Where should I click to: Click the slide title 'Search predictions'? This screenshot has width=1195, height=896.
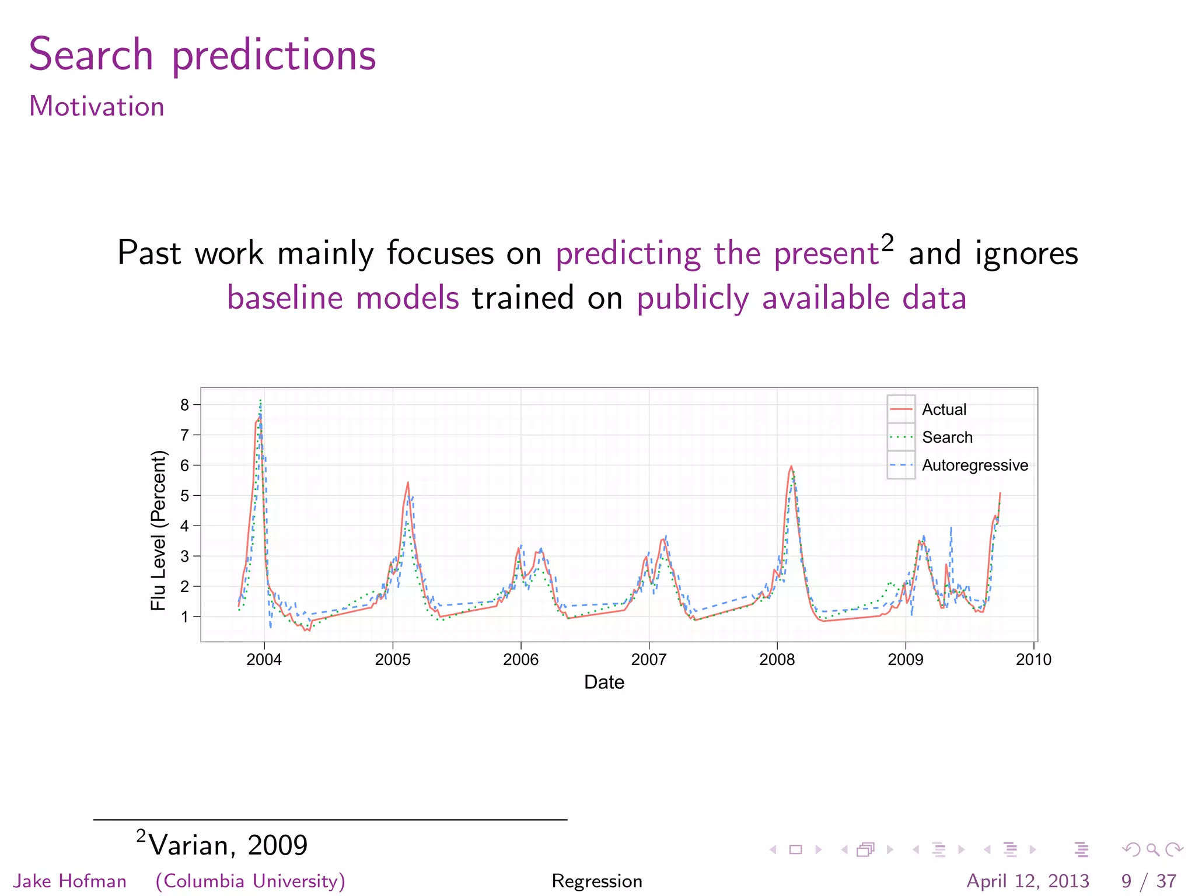point(202,55)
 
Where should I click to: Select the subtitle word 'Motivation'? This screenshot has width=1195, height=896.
point(97,107)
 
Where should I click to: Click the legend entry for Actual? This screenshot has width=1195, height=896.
point(944,409)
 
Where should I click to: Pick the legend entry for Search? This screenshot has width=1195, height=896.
point(947,437)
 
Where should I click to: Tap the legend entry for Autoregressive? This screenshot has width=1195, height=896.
point(974,466)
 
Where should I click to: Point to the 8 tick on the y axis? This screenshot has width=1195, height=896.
point(185,405)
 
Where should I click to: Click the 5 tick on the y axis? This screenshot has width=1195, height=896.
point(185,496)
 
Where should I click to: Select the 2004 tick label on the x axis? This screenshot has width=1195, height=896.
point(264,660)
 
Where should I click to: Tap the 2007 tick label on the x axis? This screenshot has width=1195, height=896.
point(648,660)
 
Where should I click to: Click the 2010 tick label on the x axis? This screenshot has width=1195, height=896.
point(1033,660)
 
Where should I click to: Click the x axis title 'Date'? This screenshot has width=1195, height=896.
point(604,682)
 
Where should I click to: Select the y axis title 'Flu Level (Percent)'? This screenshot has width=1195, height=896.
point(158,530)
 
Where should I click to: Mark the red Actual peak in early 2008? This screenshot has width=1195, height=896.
point(791,467)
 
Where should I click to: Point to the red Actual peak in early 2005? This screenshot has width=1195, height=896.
point(408,483)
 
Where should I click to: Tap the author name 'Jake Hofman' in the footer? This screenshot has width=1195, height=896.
point(70,881)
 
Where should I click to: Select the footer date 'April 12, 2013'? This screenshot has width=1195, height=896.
point(1028,881)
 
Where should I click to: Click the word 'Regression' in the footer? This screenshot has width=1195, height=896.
point(596,881)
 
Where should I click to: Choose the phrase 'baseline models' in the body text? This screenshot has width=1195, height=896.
point(343,298)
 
